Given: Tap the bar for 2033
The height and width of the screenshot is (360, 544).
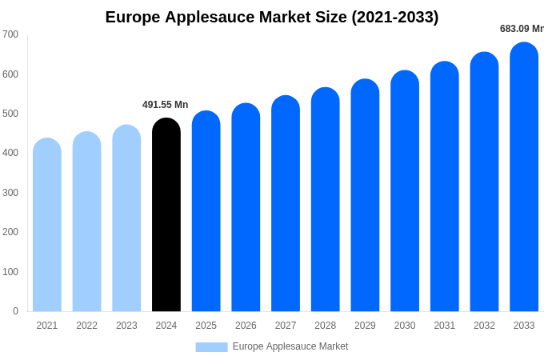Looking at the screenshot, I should [524, 177].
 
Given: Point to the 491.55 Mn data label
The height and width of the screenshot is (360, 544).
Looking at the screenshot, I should [166, 105].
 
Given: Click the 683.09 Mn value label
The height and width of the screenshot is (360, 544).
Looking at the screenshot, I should [522, 29].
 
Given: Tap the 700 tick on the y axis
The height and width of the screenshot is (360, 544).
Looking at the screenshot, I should [10, 34].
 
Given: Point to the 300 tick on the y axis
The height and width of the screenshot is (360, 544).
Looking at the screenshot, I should [10, 193].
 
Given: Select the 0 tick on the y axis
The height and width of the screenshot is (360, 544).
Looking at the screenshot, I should [15, 311].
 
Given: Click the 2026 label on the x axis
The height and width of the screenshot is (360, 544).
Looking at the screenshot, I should [246, 326].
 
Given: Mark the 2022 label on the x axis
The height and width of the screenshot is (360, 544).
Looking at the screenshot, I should [86, 326].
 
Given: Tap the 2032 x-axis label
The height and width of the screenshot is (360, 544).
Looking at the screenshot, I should [484, 326].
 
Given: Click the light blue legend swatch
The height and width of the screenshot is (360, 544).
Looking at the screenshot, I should [211, 347].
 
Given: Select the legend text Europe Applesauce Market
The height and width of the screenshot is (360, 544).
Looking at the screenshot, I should [290, 346].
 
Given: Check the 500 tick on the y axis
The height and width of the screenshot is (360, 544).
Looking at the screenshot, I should [10, 114].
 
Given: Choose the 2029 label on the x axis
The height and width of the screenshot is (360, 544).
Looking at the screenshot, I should [365, 326].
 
